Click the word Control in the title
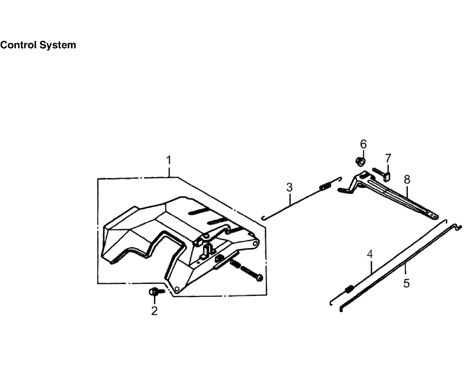[x=18, y=45]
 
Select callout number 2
[x=154, y=311]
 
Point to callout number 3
[x=289, y=187]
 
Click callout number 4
[x=370, y=254]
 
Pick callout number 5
[x=406, y=283]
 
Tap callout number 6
[x=363, y=144]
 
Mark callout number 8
[x=407, y=179]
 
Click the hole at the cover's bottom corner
[x=177, y=289]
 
